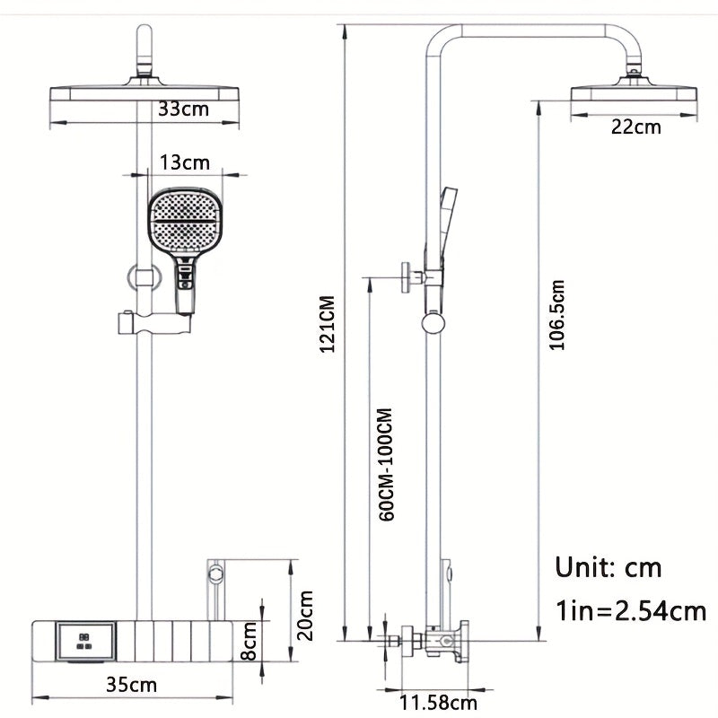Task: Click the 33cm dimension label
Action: [x=183, y=109]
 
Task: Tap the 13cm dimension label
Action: [x=184, y=162]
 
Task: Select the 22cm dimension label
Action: [x=635, y=127]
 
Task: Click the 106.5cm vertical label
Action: [x=557, y=315]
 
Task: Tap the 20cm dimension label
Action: [x=306, y=615]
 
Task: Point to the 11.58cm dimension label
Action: [x=439, y=702]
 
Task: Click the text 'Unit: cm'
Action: [x=609, y=567]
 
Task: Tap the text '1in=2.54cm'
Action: [x=631, y=612]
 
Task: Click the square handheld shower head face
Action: [x=185, y=222]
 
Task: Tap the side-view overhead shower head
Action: [x=635, y=95]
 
